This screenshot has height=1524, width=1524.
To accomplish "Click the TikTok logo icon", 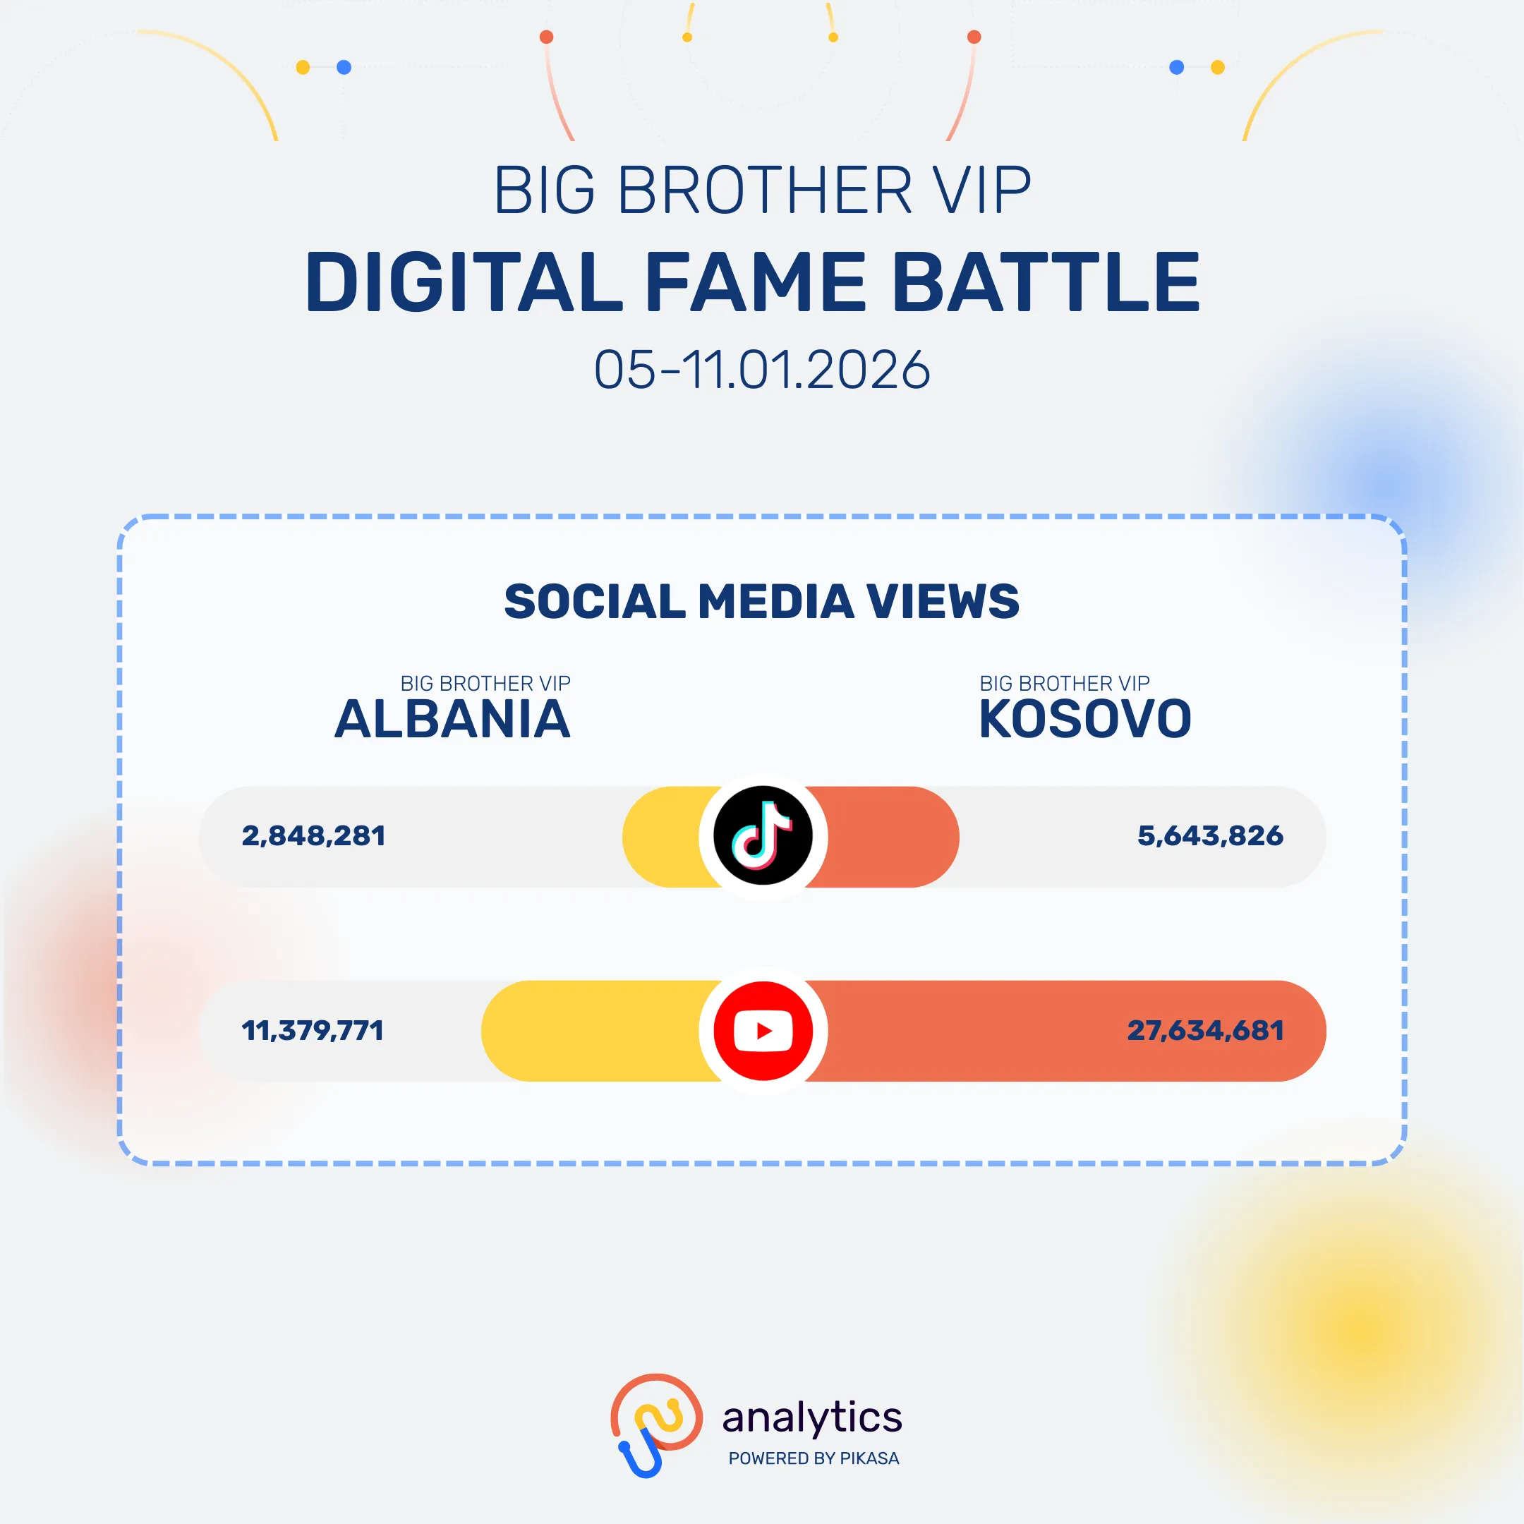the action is [x=763, y=836].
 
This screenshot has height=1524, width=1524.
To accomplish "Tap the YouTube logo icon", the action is [x=763, y=1030].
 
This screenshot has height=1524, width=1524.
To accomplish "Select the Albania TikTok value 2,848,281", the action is [x=314, y=836].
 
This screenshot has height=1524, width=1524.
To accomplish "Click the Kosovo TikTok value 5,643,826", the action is [x=1210, y=836].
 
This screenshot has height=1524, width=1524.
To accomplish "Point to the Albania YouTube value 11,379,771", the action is [x=313, y=1030].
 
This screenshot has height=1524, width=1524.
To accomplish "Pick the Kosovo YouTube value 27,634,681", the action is [x=1205, y=1030].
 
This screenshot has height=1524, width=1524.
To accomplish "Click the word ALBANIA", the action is [x=452, y=720].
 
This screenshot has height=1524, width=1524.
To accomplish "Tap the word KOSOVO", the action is [x=1084, y=720].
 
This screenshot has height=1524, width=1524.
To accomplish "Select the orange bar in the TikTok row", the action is [x=883, y=836].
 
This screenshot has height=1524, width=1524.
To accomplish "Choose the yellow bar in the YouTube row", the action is [x=600, y=1030].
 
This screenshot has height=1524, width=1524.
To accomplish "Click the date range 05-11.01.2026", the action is [x=762, y=369].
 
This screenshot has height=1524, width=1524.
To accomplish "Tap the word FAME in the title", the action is [x=756, y=282].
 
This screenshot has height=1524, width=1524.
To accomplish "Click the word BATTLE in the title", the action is [x=1048, y=282].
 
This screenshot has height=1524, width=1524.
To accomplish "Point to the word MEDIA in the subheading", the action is [x=776, y=602].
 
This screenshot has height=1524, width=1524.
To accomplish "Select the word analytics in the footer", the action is [x=811, y=1417].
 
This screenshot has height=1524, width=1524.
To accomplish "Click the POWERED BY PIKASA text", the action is [x=814, y=1458].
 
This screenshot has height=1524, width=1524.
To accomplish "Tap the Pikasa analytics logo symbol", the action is [x=656, y=1425].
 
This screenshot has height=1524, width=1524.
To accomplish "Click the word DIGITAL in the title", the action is [x=464, y=282].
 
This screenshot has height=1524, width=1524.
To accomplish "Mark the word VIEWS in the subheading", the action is [x=943, y=602].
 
